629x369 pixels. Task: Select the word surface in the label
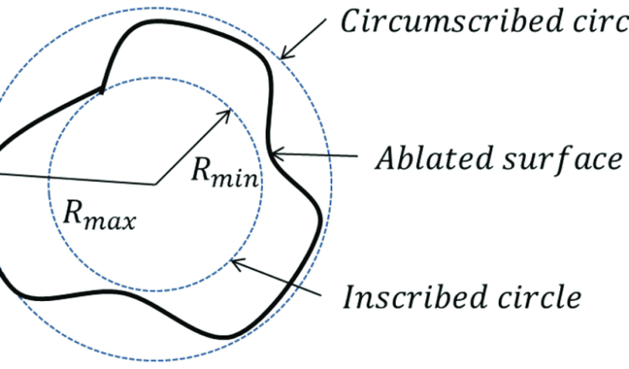tap(545, 158)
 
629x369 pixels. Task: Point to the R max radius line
tap(75, 178)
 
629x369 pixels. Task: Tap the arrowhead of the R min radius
tap(224, 112)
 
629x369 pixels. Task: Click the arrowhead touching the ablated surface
tap(277, 153)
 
